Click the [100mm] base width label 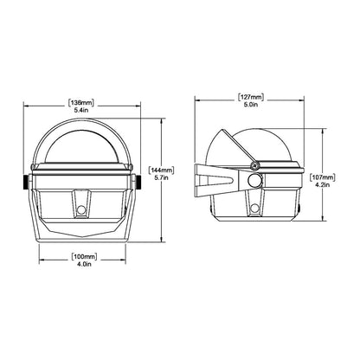[x=83, y=257]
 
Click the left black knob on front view [x=24, y=183]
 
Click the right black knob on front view [x=141, y=183]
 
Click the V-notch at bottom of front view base [x=83, y=236]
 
